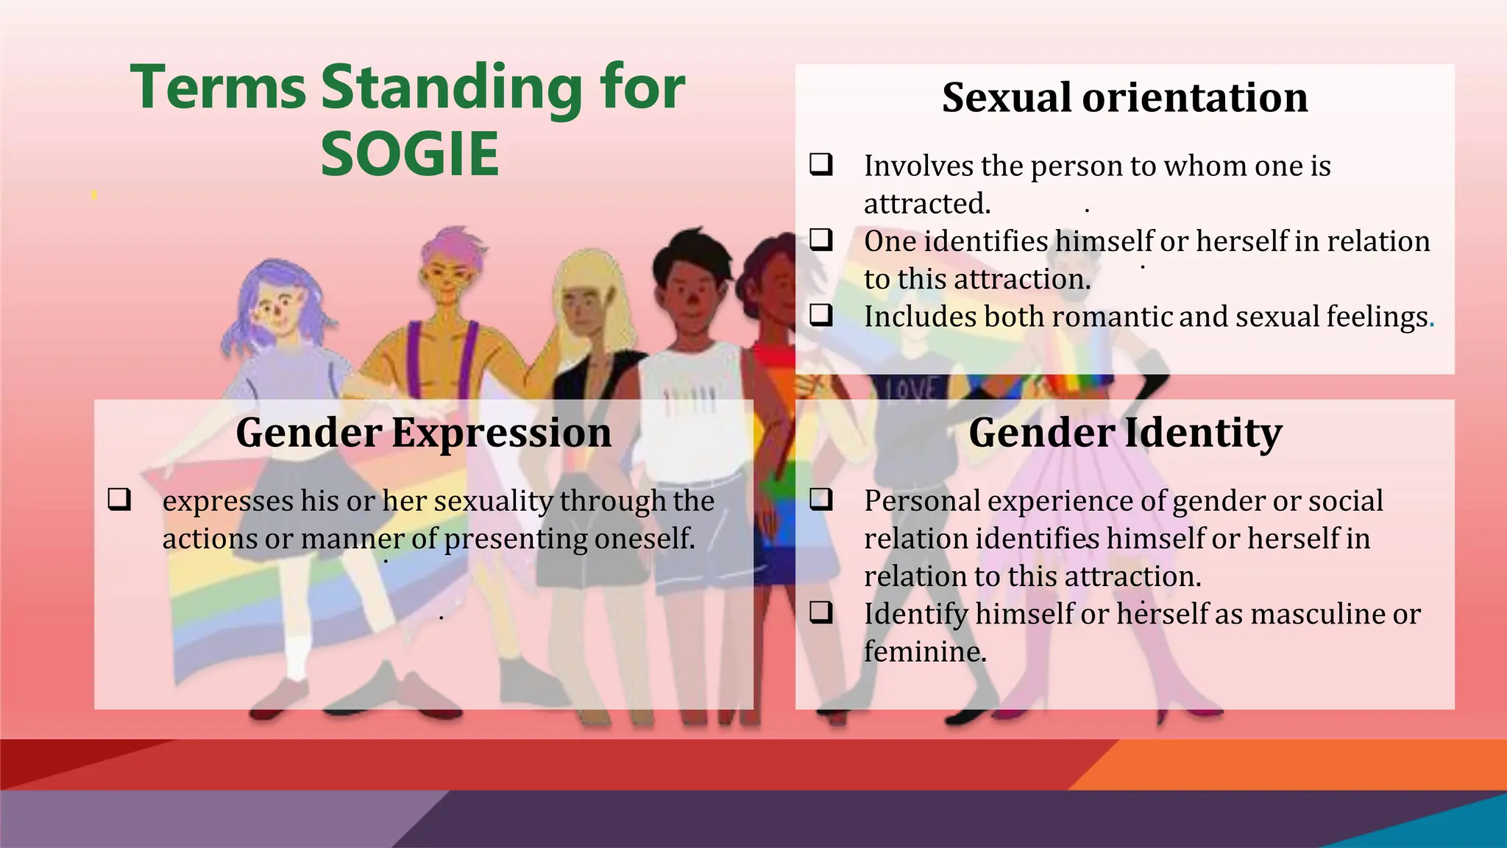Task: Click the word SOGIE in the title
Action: coord(410,155)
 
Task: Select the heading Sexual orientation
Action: coord(1124,97)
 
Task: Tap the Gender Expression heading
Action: coord(423,432)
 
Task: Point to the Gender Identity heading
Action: coord(1124,432)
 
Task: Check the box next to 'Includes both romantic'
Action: coord(821,315)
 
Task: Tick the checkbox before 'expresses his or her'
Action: coord(119,499)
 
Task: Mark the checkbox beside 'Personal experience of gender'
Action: coord(821,499)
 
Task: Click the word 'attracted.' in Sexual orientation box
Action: coord(926,204)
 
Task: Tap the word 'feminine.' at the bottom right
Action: coord(924,651)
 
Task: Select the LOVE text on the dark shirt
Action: coord(911,389)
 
